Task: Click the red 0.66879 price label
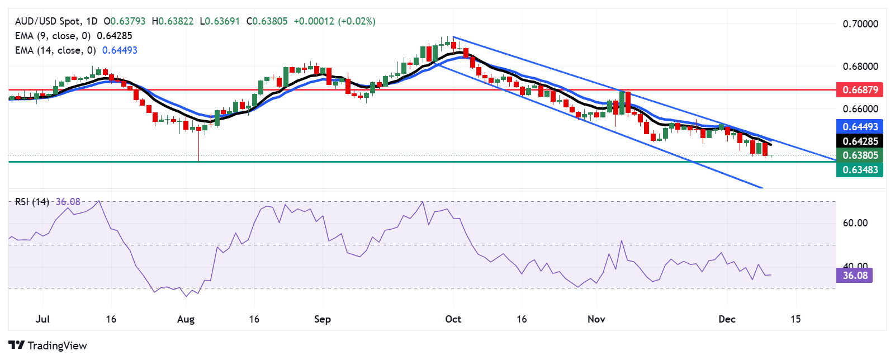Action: click(860, 89)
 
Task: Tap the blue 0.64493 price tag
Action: click(860, 126)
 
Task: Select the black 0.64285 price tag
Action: click(860, 141)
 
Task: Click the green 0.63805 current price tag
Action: click(860, 155)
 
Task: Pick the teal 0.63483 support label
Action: click(860, 169)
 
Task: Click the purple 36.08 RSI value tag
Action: click(855, 275)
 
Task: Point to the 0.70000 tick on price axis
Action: click(860, 24)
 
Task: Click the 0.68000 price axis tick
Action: click(860, 67)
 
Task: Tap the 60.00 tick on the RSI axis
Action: click(855, 223)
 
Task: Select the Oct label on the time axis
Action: click(453, 319)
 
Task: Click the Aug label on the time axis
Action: click(186, 319)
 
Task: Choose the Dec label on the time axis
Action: click(727, 319)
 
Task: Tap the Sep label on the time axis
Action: click(323, 319)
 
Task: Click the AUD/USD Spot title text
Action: click(48, 21)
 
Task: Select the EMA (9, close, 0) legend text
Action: click(53, 36)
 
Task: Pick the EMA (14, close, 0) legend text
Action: click(55, 50)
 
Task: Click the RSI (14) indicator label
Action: click(32, 202)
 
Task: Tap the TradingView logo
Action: click(48, 345)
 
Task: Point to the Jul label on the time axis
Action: click(42, 319)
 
